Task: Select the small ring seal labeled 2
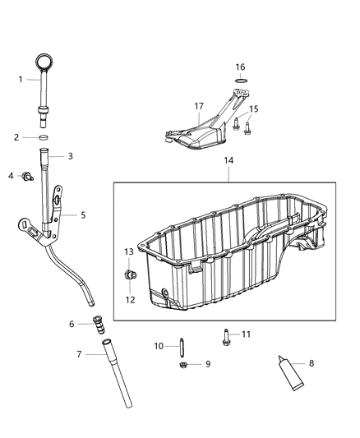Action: pos(45,137)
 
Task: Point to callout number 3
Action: pos(70,155)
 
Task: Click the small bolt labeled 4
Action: pos(27,176)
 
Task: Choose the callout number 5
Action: pos(82,215)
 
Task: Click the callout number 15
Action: pos(254,109)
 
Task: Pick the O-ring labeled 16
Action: pos(240,80)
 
